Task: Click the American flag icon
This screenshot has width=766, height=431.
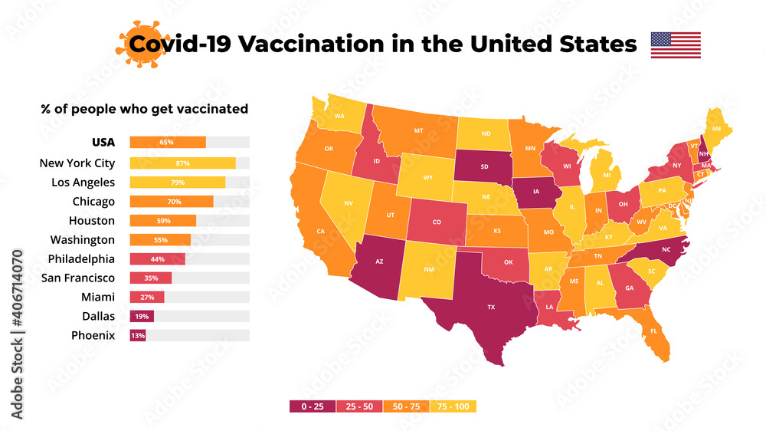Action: [676, 45]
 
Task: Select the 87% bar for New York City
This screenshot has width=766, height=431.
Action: [182, 163]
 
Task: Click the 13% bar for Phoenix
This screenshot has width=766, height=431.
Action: [138, 335]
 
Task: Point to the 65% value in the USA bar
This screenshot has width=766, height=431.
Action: [166, 143]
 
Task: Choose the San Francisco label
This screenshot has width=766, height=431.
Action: [78, 278]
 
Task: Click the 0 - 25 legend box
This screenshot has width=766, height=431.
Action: [313, 406]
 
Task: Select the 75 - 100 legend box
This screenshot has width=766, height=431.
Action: [453, 406]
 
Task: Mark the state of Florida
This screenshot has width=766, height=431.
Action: [651, 330]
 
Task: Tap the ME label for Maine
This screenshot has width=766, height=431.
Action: [716, 130]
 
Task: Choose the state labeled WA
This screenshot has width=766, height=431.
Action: [339, 116]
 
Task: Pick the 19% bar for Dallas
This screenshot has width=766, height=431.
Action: [142, 316]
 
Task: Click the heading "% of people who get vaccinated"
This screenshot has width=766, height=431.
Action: [144, 109]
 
